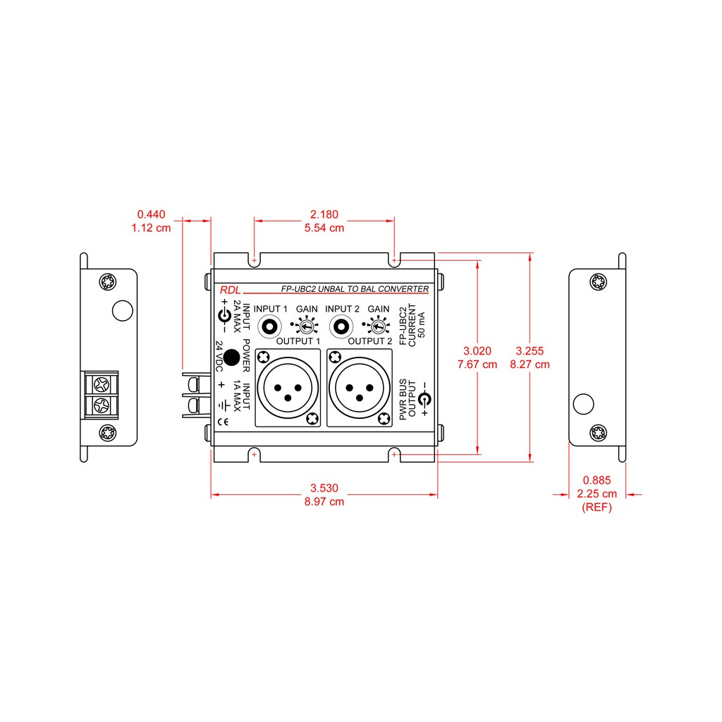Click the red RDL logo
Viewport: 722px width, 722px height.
click(x=231, y=290)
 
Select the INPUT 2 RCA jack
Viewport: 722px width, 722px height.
click(x=341, y=327)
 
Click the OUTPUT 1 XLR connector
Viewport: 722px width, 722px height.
click(x=288, y=388)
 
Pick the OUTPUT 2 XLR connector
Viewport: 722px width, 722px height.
click(x=360, y=388)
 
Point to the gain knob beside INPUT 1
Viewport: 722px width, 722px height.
click(x=306, y=326)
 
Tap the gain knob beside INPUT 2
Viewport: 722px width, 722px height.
click(x=378, y=326)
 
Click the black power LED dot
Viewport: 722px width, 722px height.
click(x=231, y=357)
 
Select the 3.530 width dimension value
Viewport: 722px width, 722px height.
click(x=324, y=488)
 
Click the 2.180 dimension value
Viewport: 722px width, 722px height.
click(x=324, y=214)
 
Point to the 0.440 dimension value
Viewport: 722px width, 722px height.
click(x=151, y=214)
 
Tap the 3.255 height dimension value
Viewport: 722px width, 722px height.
click(x=530, y=350)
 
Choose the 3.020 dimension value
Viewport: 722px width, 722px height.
click(x=477, y=350)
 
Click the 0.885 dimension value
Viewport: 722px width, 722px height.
click(x=596, y=479)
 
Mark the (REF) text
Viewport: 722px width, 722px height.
click(x=596, y=507)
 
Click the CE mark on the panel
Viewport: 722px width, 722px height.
click(x=223, y=422)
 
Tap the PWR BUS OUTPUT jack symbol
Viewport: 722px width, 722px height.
click(x=424, y=399)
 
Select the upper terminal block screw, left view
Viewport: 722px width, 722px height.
click(x=102, y=384)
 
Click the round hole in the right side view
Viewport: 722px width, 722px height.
click(x=583, y=404)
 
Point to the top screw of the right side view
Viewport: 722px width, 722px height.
click(x=598, y=282)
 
